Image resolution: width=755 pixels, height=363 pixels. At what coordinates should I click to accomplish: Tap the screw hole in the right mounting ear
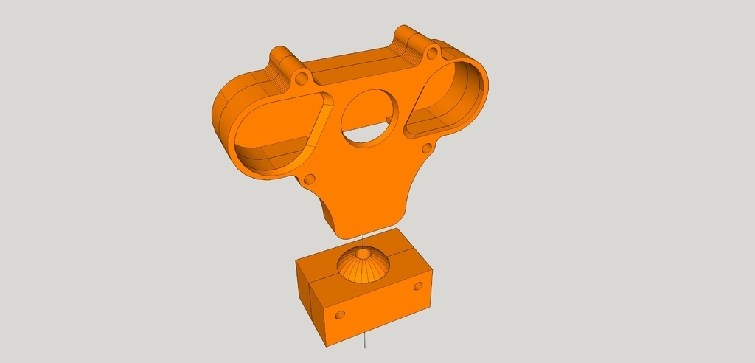pos(431,54)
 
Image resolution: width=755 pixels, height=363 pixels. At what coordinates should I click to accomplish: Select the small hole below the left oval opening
pos(310,179)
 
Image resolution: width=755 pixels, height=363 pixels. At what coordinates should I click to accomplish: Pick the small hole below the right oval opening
pos(426,150)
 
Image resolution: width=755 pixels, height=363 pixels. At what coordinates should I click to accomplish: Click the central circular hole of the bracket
pos(369,118)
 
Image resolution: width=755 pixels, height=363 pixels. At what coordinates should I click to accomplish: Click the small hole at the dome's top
pos(362,254)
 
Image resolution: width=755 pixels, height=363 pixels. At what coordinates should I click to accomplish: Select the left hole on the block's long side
pos(340,315)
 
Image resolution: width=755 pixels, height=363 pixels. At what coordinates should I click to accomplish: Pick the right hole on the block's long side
pos(418,286)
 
